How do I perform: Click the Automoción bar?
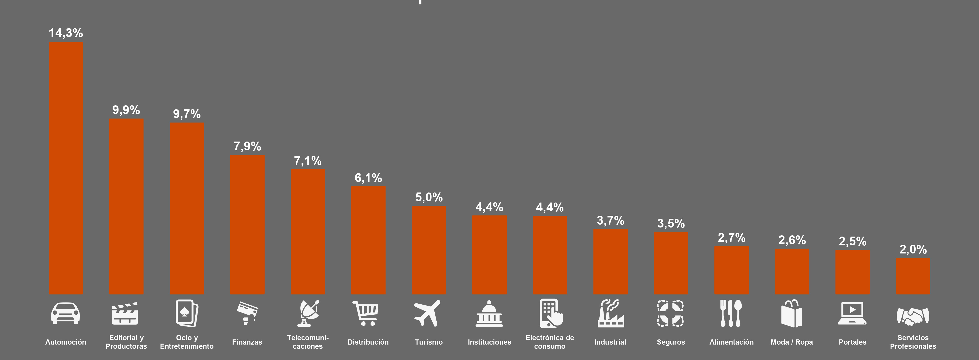coord(66,167)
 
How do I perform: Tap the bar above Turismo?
coord(429,250)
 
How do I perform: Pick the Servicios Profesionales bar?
coord(913,276)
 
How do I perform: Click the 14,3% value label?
coord(66,33)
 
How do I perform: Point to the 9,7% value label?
coord(186,114)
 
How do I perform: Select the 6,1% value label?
coord(368,178)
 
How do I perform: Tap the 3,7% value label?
coord(610,220)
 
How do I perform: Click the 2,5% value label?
coord(852,241)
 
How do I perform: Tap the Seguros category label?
coord(671,342)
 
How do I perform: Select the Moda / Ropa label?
coord(792,342)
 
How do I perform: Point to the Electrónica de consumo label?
coord(549,342)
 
